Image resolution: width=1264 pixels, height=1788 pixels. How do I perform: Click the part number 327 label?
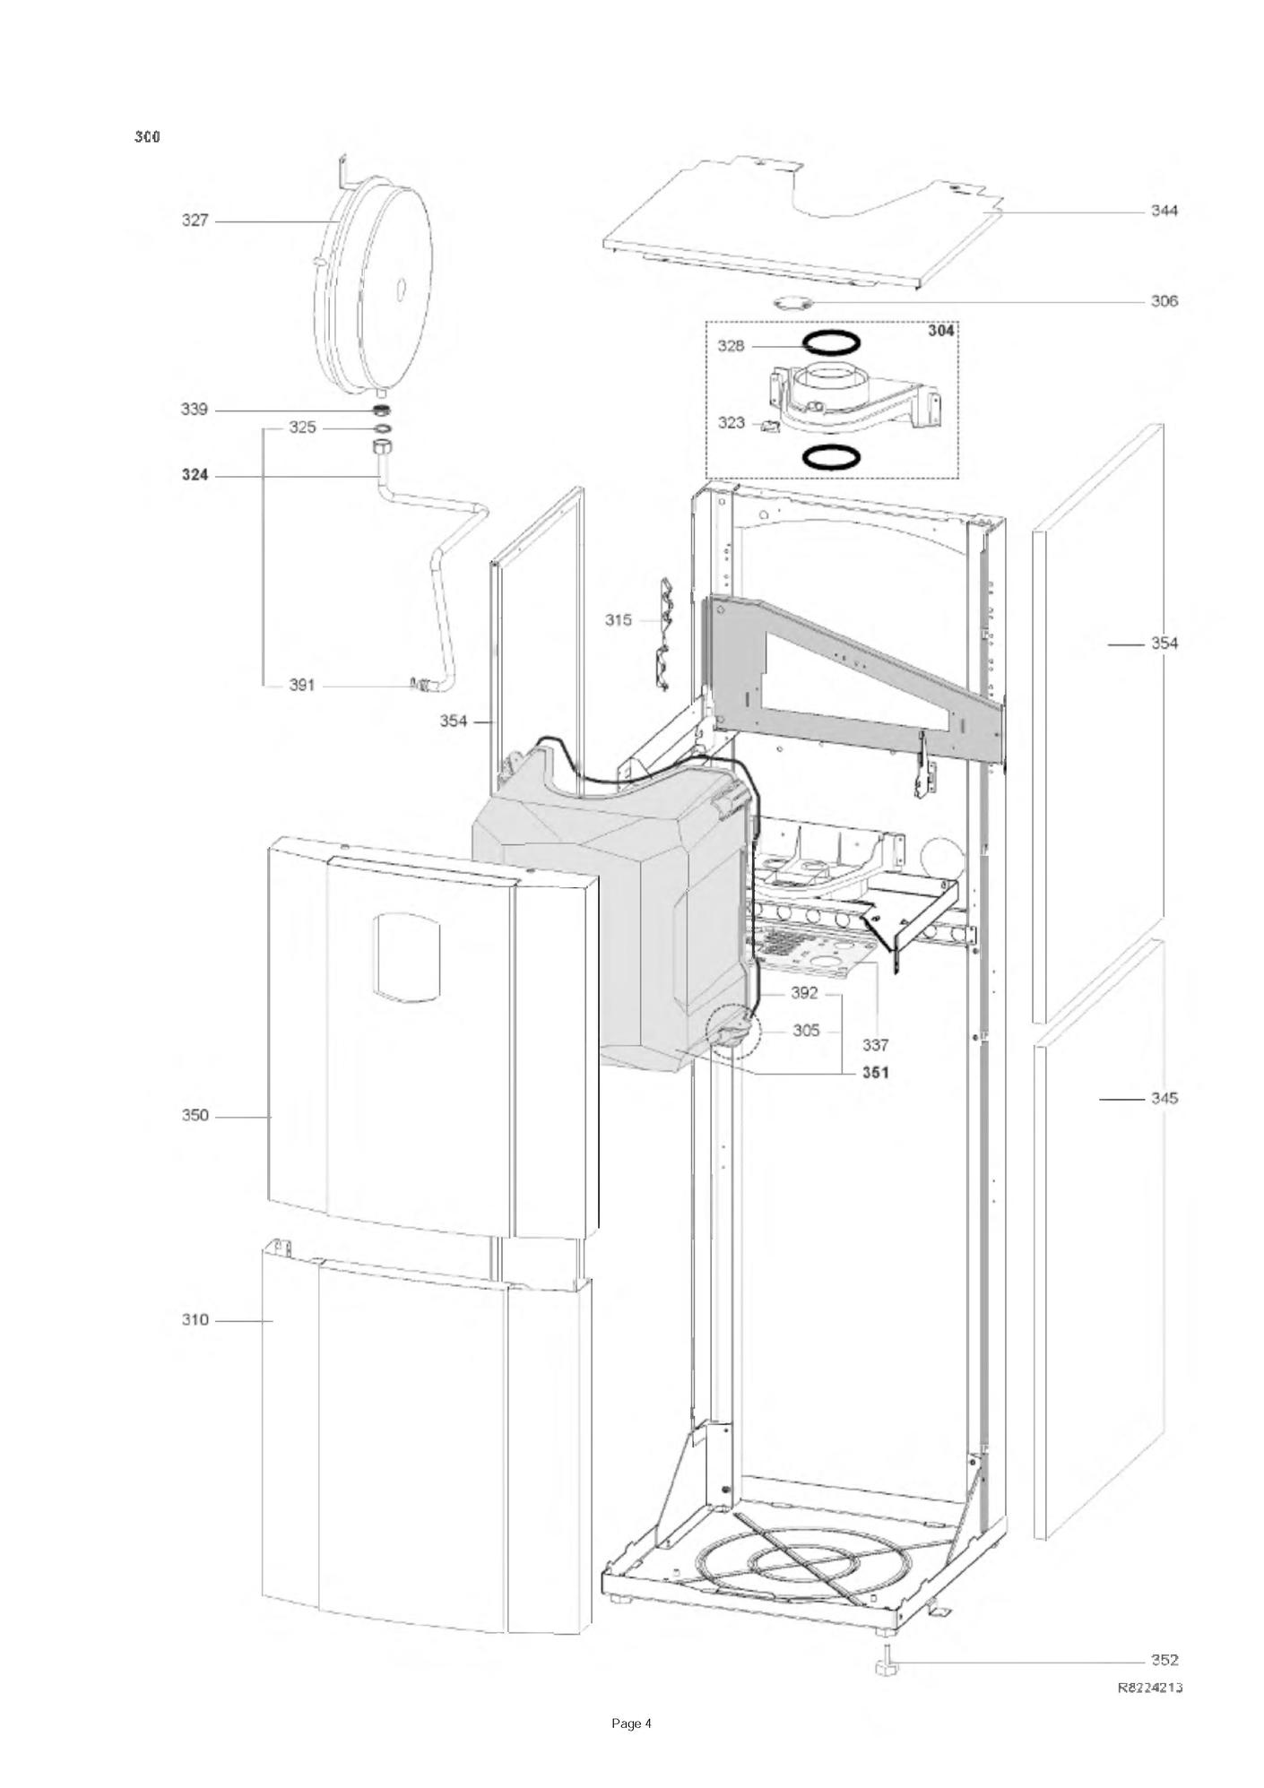click(x=195, y=220)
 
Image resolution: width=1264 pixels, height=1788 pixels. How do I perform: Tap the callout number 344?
click(x=1164, y=211)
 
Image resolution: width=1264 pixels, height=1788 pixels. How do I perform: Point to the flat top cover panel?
click(x=802, y=224)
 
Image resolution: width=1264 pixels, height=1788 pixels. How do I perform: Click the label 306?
click(x=1164, y=301)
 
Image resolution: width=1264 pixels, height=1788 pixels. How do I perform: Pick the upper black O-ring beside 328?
click(x=831, y=342)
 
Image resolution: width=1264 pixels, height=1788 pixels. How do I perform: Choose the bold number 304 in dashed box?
click(x=940, y=331)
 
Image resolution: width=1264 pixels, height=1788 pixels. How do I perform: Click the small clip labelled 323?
click(x=769, y=427)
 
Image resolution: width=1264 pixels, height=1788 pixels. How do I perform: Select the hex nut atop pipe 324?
click(x=381, y=445)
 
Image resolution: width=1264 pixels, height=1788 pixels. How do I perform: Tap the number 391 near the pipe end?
click(x=302, y=685)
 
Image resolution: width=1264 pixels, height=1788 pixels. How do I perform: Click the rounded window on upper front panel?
click(x=407, y=957)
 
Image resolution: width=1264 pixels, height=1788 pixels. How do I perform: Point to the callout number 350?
click(x=195, y=1116)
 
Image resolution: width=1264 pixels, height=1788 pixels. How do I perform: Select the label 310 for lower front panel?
click(x=195, y=1320)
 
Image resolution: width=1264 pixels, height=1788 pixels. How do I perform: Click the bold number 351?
click(x=876, y=1073)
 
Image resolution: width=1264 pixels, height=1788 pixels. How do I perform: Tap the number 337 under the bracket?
click(x=876, y=1045)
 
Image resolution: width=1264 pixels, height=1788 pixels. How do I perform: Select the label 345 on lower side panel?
click(x=1164, y=1099)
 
